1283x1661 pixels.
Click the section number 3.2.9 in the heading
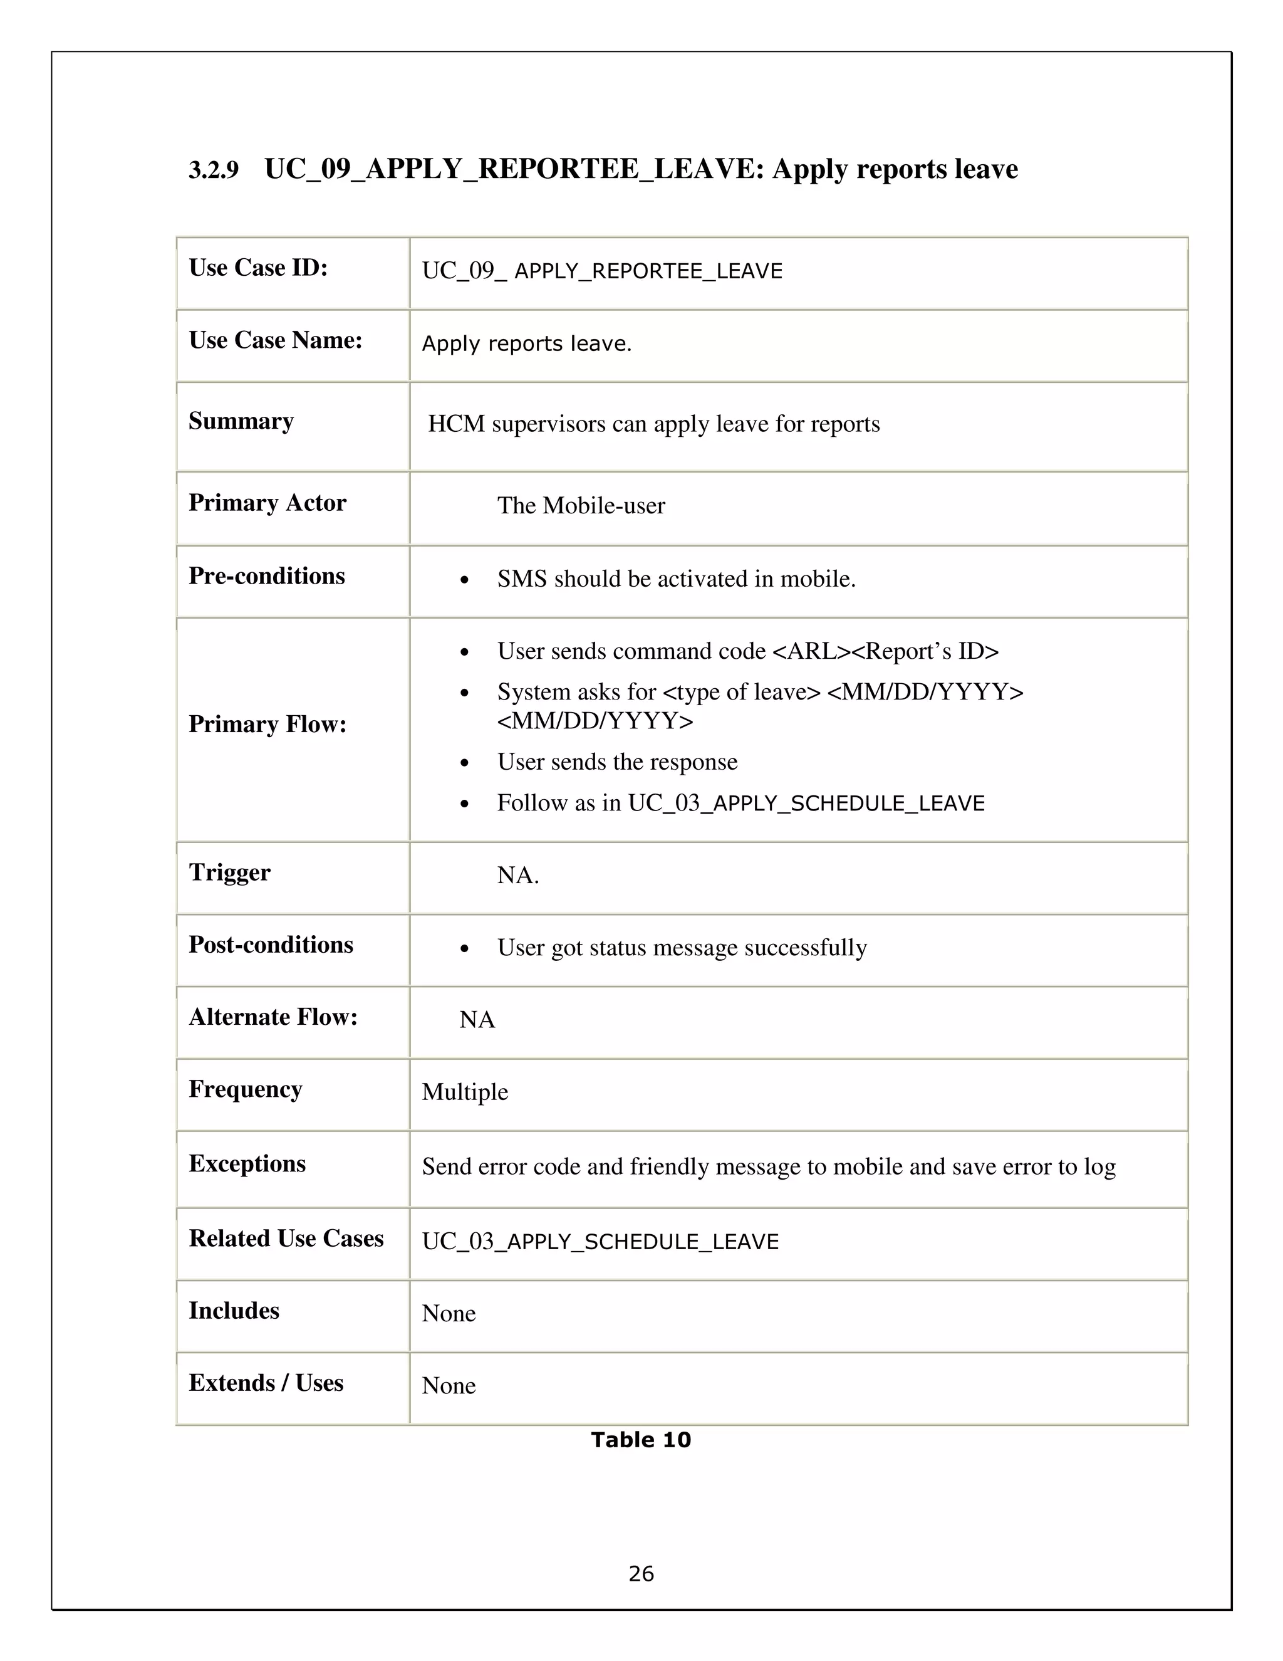click(213, 170)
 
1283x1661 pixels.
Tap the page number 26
click(641, 1573)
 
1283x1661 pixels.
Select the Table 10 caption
click(641, 1440)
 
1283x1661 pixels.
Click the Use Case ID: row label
click(257, 268)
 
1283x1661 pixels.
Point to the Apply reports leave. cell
click(527, 343)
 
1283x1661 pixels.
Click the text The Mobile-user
click(581, 506)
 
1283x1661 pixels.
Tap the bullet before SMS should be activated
click(464, 581)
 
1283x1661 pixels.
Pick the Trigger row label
click(229, 872)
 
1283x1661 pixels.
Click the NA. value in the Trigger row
click(517, 876)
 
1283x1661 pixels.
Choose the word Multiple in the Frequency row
click(464, 1092)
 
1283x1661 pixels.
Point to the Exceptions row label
click(247, 1163)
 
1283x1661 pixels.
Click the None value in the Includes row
click(449, 1313)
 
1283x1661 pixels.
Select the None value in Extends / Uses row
click(449, 1386)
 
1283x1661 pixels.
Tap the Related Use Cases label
click(286, 1238)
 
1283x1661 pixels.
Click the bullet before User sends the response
click(464, 763)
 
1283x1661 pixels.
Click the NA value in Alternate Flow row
click(477, 1020)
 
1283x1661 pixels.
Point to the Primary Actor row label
click(267, 503)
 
